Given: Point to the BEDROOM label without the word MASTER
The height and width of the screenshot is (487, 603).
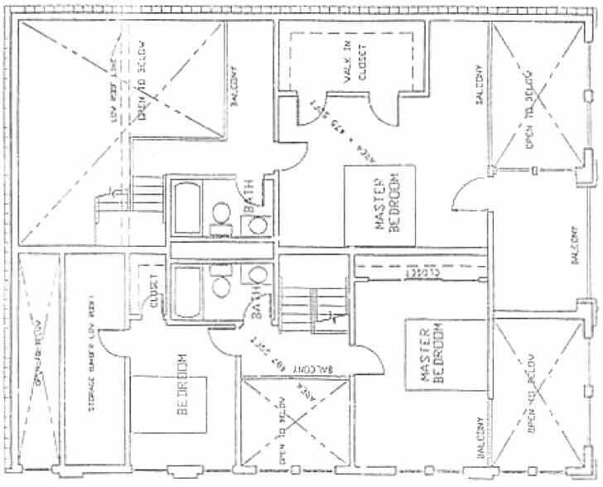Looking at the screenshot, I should tap(183, 386).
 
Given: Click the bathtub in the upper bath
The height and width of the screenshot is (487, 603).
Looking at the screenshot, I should tap(186, 208).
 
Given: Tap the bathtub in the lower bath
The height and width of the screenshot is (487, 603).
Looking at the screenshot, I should tap(187, 292).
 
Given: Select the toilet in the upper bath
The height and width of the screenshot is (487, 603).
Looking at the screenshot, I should tap(258, 224).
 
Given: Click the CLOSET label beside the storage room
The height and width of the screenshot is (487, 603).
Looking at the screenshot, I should tap(153, 292).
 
